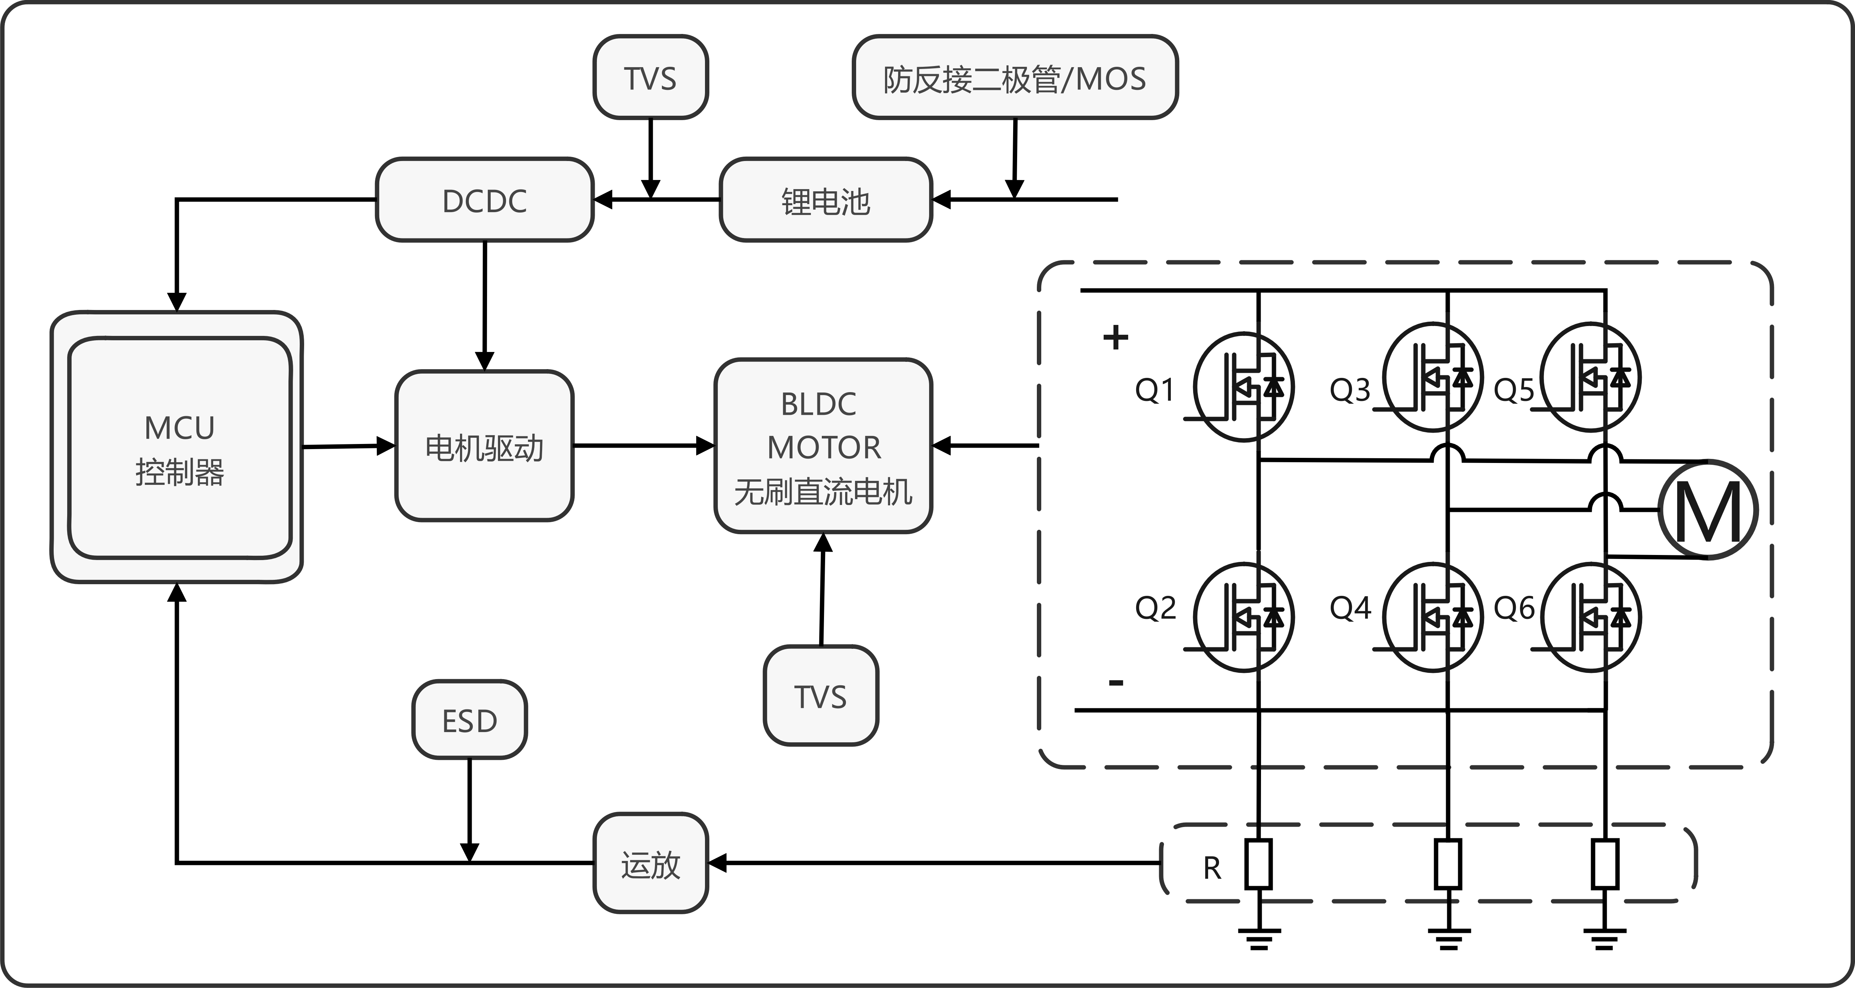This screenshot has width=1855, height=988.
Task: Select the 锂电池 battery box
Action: pos(826,200)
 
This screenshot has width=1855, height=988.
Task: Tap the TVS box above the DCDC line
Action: pos(650,77)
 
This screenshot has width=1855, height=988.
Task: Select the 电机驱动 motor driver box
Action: pos(484,447)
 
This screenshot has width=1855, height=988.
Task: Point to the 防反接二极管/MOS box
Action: pos(1015,77)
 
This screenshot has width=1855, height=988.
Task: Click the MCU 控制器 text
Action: pos(179,449)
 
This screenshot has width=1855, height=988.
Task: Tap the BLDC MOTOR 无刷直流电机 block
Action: pos(823,447)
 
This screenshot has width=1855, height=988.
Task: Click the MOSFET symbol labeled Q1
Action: pos(1243,387)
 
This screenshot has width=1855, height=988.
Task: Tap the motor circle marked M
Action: pos(1708,510)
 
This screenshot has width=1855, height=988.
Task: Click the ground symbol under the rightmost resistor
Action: pos(1605,939)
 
